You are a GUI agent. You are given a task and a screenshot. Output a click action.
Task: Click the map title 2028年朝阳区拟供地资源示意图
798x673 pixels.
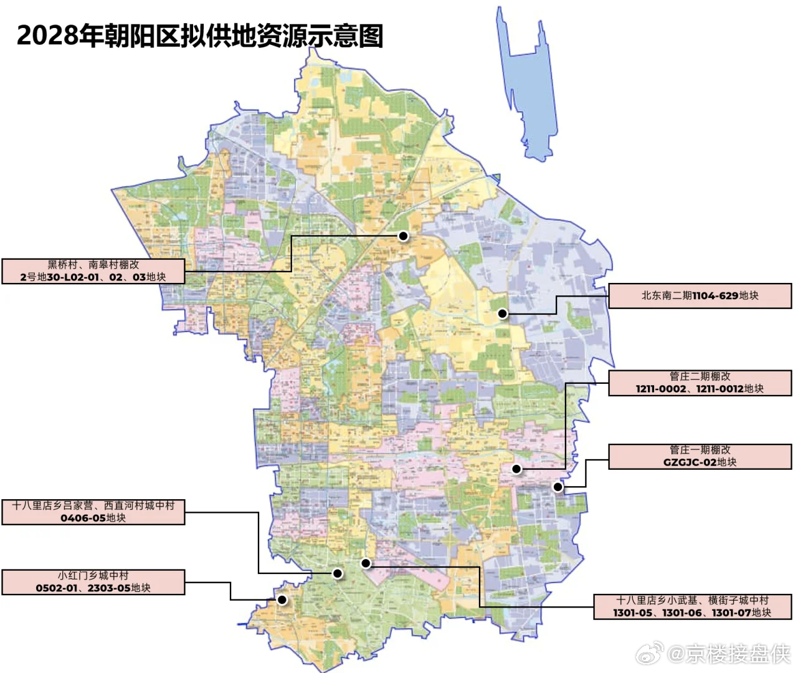[199, 36]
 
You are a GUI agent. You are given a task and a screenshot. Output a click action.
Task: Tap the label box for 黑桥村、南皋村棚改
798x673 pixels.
[93, 271]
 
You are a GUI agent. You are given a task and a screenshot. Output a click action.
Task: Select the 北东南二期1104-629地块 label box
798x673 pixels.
[700, 296]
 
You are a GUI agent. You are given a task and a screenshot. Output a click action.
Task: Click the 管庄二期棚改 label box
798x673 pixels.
[700, 383]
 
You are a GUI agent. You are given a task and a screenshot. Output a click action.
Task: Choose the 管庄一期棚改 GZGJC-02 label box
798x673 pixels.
[700, 456]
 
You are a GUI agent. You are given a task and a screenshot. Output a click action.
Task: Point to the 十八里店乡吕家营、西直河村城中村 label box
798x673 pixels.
[93, 512]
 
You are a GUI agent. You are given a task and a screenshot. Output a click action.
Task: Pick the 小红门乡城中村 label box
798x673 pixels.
[93, 582]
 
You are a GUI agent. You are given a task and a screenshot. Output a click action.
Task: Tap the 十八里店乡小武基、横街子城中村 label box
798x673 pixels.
[692, 606]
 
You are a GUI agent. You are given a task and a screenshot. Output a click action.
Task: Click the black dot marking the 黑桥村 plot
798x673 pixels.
[403, 236]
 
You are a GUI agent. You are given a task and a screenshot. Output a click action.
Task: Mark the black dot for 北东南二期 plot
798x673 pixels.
[503, 314]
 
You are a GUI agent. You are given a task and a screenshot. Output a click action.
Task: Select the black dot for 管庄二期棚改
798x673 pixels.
[516, 469]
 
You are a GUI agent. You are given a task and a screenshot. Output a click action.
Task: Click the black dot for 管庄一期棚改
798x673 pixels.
[558, 487]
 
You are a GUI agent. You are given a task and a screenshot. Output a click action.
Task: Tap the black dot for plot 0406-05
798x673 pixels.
[338, 573]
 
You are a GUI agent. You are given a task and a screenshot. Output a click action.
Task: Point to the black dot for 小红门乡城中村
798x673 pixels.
[282, 600]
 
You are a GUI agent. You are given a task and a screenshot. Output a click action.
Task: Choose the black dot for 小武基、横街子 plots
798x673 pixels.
[366, 563]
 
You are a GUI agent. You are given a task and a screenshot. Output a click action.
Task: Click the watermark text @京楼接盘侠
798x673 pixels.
[729, 654]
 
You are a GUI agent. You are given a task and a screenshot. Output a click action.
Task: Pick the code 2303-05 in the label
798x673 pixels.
[109, 588]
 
